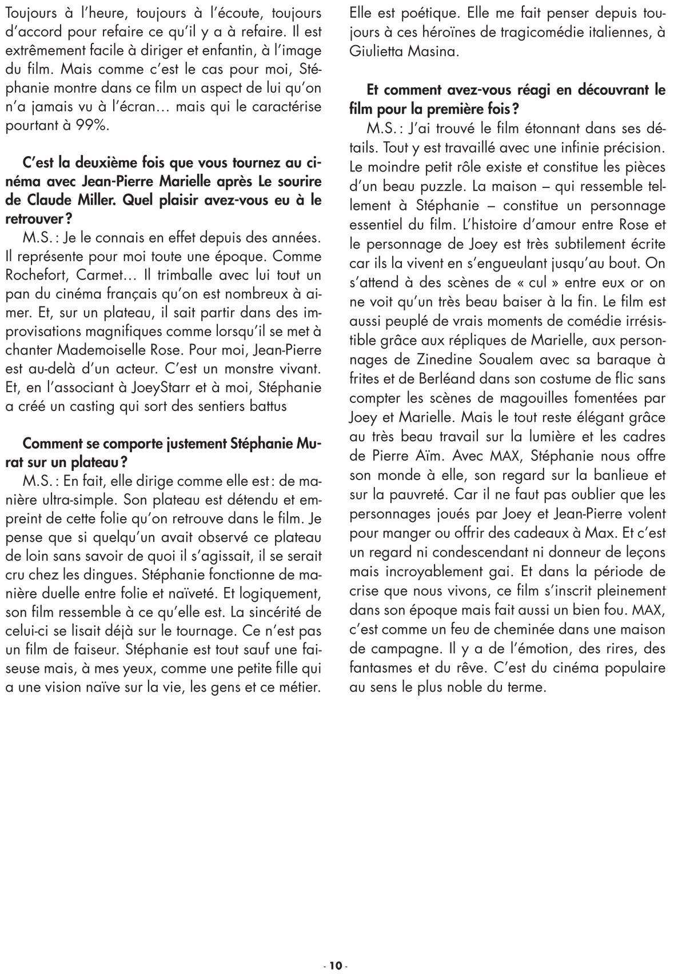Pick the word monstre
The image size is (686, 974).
tap(246, 369)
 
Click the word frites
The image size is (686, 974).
tap(368, 379)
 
